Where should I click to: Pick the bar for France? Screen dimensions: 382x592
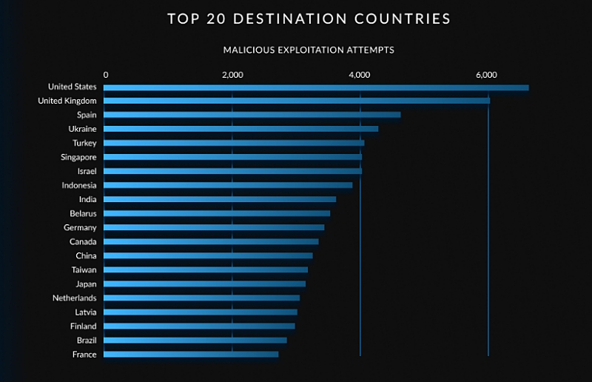191,355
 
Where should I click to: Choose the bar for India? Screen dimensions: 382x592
220,199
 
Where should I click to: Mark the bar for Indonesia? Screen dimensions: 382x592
228,185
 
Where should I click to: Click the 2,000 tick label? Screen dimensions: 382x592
232,75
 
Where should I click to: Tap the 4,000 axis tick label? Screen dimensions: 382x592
360,75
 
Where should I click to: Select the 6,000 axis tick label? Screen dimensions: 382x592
486,75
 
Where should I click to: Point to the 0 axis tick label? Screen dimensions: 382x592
106,75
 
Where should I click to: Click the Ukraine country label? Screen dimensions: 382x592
82,129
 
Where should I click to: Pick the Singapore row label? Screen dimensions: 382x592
78,157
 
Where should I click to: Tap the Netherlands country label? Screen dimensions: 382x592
74,298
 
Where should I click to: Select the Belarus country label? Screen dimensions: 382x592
83,213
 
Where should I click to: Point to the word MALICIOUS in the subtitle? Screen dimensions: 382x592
249,50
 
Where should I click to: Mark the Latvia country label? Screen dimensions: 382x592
86,312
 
